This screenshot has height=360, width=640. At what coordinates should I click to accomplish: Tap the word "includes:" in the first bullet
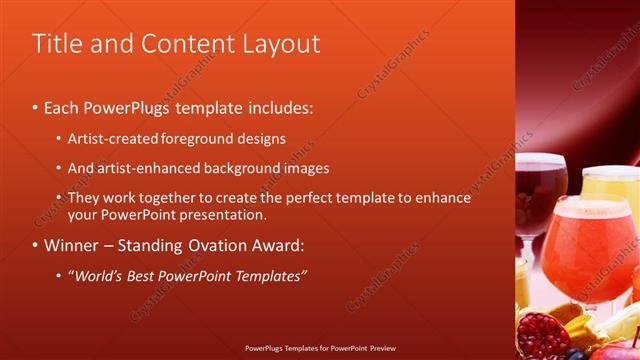point(277,106)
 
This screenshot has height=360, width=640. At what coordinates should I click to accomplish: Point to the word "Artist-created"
point(112,138)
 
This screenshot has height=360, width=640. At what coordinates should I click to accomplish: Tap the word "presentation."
point(227,214)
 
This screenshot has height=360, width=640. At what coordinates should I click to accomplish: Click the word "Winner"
point(71,245)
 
